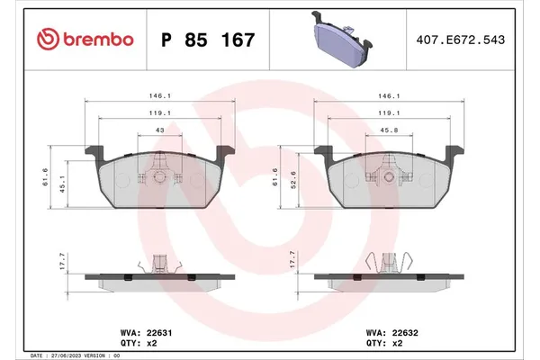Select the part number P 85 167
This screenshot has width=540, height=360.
click(207, 40)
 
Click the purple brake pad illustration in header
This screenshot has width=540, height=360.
click(346, 39)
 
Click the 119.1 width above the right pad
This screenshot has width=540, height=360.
click(388, 114)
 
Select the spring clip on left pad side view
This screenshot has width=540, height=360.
click(160, 265)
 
